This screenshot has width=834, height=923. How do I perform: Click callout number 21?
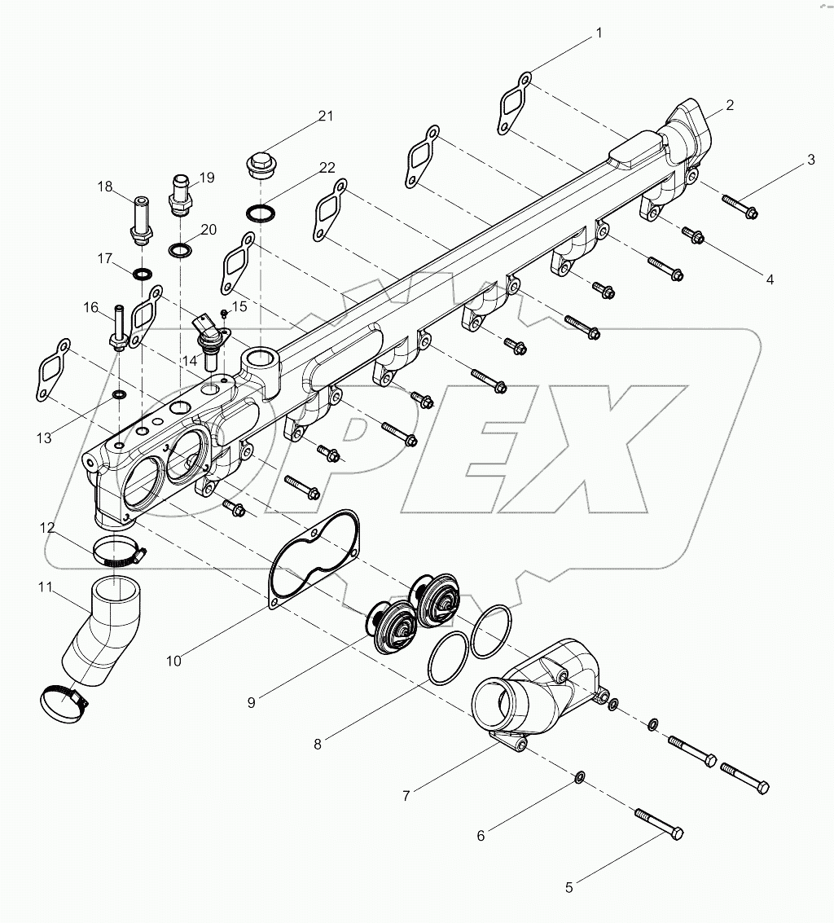coord(326,116)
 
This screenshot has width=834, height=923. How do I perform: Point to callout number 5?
coord(569,888)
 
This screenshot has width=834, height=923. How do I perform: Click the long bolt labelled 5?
coord(657,823)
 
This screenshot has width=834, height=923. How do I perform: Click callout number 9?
coord(252,701)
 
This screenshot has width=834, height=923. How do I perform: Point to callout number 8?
coord(317,743)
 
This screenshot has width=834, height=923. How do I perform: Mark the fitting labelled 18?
coord(141,216)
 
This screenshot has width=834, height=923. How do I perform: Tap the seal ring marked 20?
coord(180,248)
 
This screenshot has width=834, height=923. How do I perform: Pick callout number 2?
coord(730,104)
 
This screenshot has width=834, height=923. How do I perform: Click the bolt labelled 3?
coord(738,206)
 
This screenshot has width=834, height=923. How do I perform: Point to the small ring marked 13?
coord(119,395)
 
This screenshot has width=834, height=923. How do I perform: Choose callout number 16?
coord(90,307)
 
